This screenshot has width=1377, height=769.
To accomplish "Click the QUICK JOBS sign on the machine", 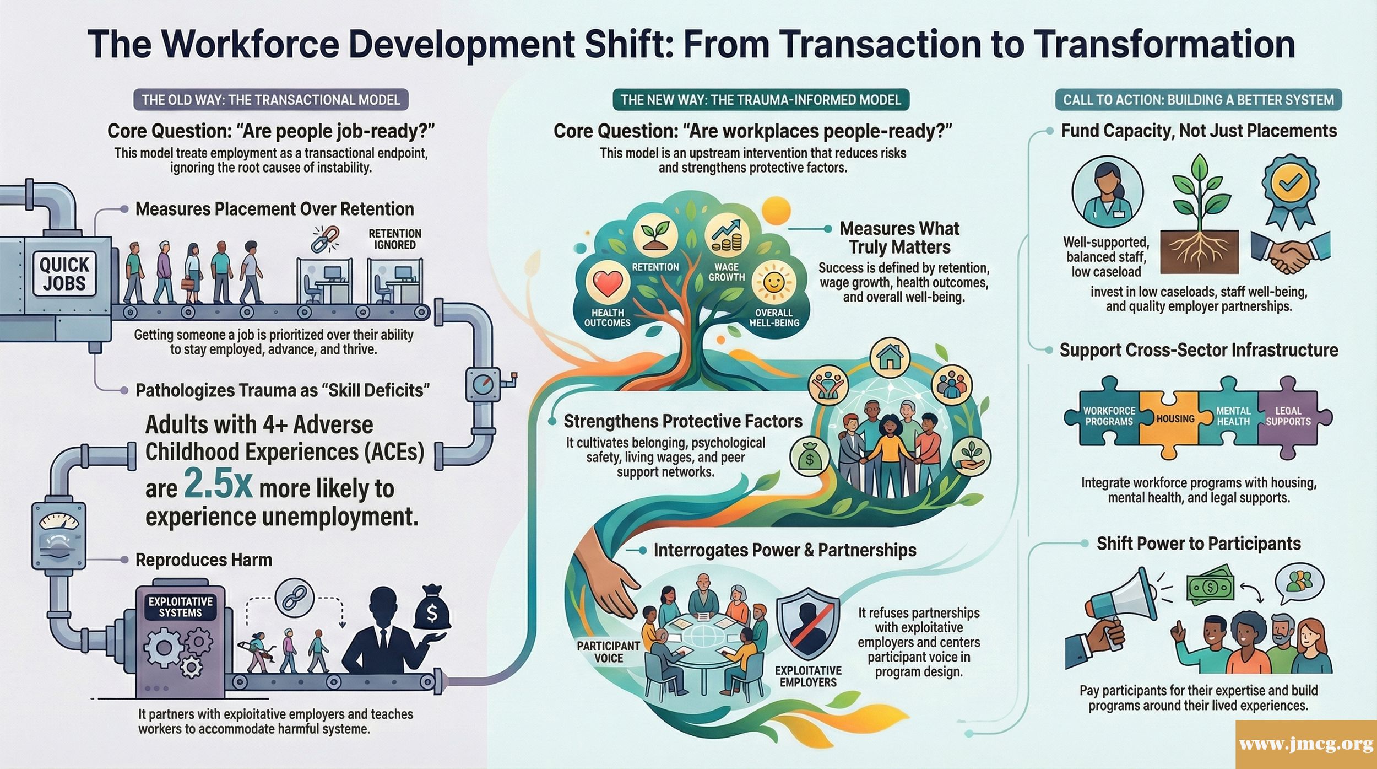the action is coord(64,274).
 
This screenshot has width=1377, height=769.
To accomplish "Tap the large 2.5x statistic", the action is coord(218,484).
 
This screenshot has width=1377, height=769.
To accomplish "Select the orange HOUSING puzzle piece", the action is coord(1175,420).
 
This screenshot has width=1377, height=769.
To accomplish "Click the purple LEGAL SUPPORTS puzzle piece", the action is coord(1288,417).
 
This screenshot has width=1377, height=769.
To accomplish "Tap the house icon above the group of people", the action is coord(890,357).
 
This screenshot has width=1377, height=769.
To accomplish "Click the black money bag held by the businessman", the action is coord(432,609).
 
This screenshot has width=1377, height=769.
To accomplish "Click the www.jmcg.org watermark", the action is coord(1306,744).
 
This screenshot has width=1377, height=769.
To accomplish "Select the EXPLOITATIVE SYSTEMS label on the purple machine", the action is coord(180,607).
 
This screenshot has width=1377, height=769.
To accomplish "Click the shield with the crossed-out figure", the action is coord(808,623).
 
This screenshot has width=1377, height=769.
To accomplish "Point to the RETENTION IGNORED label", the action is coord(395,239).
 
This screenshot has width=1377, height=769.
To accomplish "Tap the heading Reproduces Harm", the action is coord(204,560).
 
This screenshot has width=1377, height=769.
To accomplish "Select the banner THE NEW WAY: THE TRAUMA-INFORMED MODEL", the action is coord(761,100).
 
